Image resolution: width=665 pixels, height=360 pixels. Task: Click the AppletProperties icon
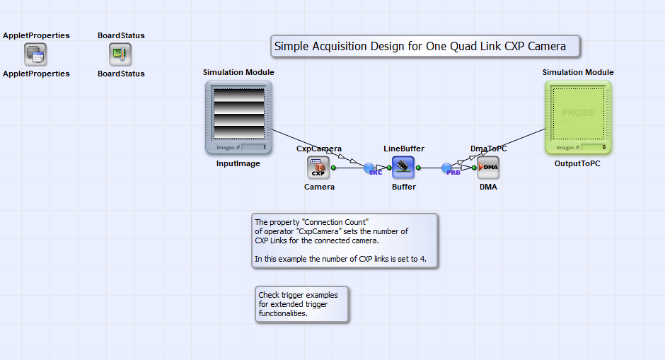tap(35, 54)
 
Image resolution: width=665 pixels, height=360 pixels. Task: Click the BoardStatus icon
tap(120, 54)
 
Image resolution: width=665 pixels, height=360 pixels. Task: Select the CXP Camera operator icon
tap(318, 168)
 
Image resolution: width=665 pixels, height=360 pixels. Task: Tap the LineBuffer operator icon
tap(403, 168)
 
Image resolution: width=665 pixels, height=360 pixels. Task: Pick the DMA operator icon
tap(488, 168)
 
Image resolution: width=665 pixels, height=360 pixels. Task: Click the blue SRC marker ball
tap(369, 168)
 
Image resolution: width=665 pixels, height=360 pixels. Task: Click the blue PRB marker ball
tap(446, 168)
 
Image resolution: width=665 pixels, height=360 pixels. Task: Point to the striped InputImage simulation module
tap(238, 117)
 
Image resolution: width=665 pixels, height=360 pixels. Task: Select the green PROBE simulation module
tap(578, 117)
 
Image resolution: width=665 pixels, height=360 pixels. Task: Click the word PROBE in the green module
tap(579, 112)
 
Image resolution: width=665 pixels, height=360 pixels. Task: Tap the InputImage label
tap(238, 163)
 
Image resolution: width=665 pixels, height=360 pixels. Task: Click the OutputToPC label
tap(577, 163)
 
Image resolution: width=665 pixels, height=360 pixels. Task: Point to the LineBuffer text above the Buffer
tap(404, 149)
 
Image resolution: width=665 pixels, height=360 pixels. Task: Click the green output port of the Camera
tap(333, 168)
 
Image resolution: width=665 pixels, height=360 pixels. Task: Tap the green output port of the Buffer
tap(418, 168)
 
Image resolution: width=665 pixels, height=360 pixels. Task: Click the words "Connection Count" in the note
tap(335, 222)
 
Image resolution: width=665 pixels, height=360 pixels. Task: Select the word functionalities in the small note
tap(283, 313)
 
